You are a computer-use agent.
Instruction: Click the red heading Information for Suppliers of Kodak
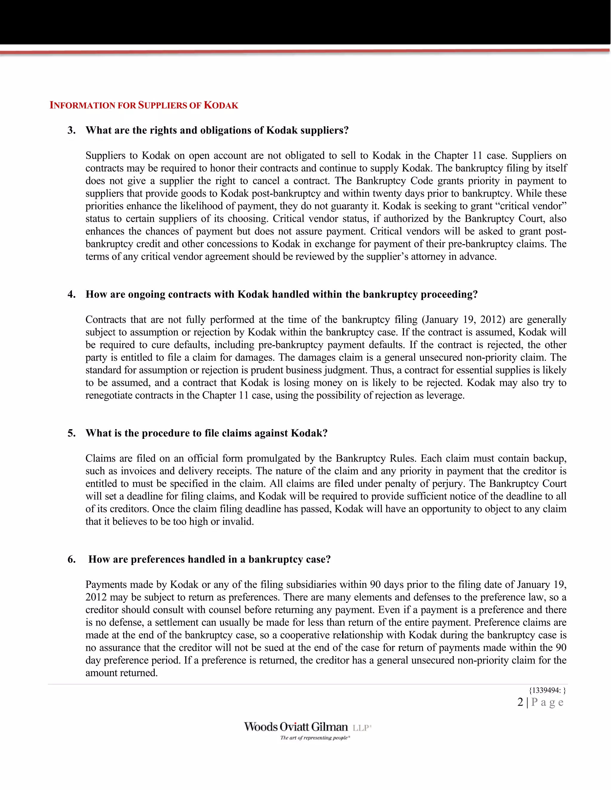[144, 105]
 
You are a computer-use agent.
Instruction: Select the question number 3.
[71, 130]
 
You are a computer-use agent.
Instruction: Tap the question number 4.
[71, 295]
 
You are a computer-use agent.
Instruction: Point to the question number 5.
[71, 433]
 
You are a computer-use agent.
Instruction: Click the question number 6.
[71, 560]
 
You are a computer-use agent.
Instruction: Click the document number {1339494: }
[547, 690]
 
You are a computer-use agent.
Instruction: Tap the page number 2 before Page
[520, 702]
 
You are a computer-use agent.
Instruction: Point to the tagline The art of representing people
[314, 738]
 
